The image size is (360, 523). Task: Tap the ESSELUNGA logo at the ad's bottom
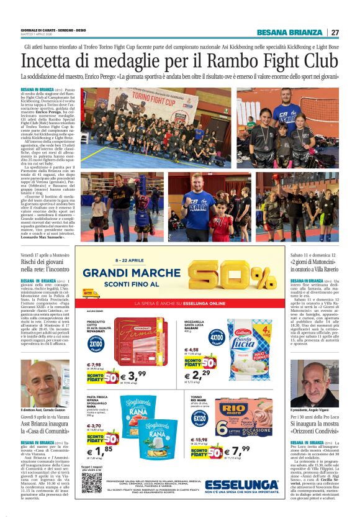coord(241,484)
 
